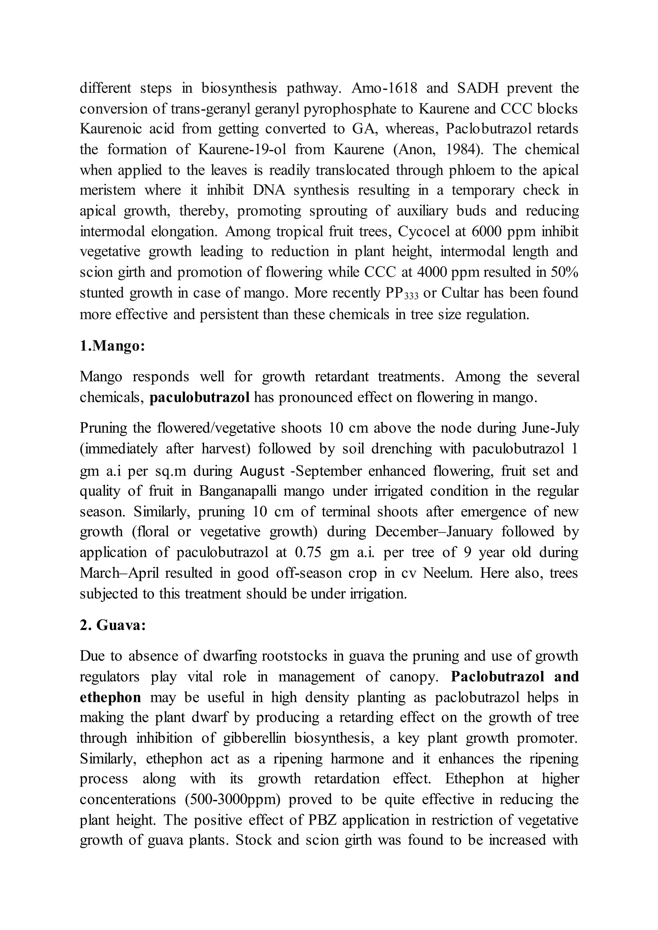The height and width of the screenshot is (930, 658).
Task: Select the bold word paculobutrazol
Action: coord(199,397)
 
